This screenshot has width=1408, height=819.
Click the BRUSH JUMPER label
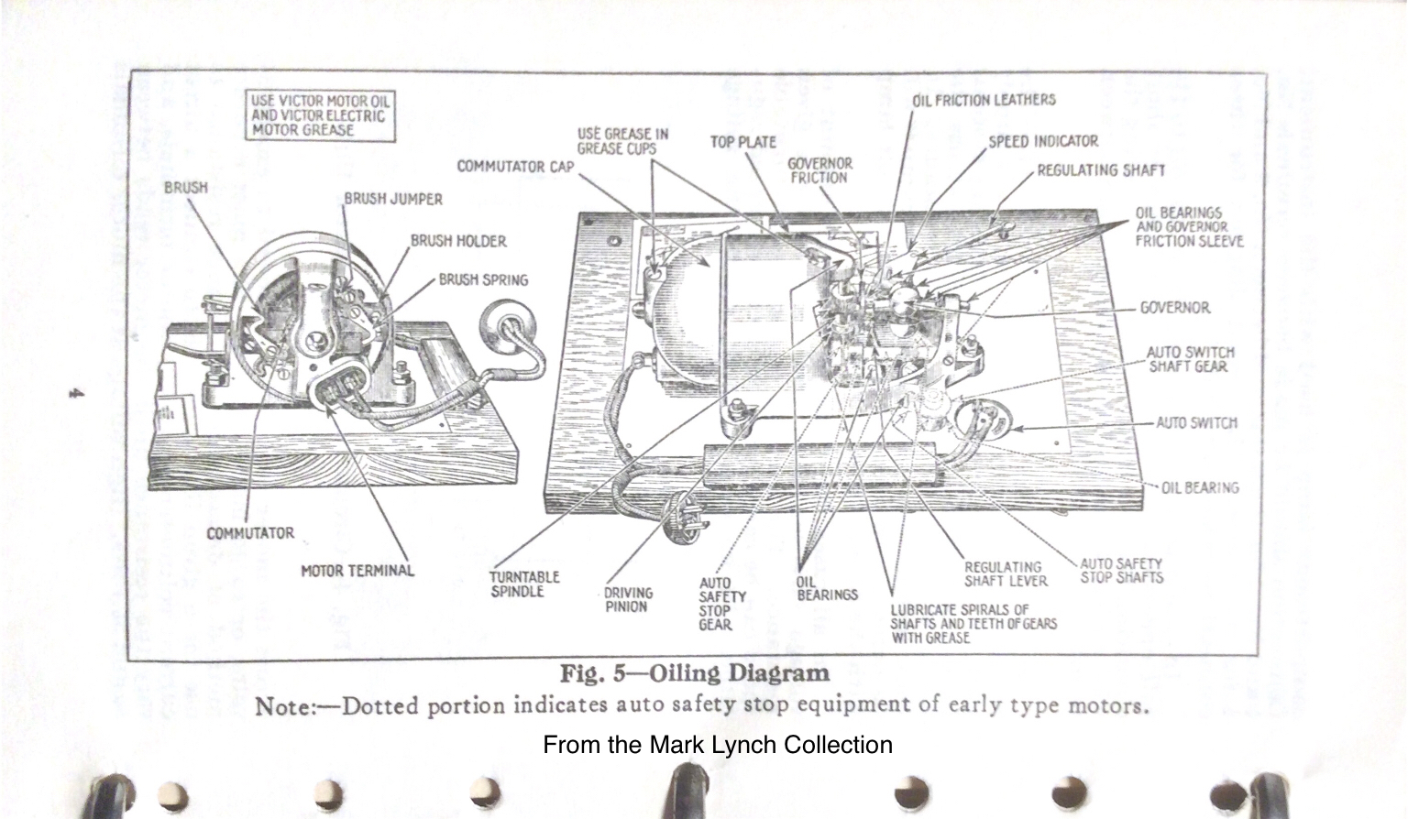point(393,199)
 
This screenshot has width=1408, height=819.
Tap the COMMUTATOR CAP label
point(515,167)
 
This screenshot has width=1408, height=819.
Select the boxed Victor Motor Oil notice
point(321,115)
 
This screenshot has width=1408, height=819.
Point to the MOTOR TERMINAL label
point(357,571)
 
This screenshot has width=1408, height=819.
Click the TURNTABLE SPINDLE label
point(523,584)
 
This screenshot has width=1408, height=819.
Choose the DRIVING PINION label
point(628,599)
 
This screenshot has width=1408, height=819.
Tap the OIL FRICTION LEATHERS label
point(984,100)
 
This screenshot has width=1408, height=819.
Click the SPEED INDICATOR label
point(1042,141)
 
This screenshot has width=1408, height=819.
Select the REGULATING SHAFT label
point(1101,170)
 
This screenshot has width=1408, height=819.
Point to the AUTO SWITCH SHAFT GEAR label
point(1190,359)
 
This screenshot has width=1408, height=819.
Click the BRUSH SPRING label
point(483,279)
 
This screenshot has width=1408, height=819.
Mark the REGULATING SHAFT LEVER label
point(1005,573)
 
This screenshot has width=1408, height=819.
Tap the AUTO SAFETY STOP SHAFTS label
point(1121,571)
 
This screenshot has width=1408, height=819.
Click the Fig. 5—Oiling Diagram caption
point(695,673)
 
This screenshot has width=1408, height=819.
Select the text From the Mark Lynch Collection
point(717,745)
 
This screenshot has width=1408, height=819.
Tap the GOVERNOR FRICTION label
point(819,170)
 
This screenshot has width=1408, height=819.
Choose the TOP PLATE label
point(742,142)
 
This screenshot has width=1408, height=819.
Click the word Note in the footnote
point(284,706)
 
